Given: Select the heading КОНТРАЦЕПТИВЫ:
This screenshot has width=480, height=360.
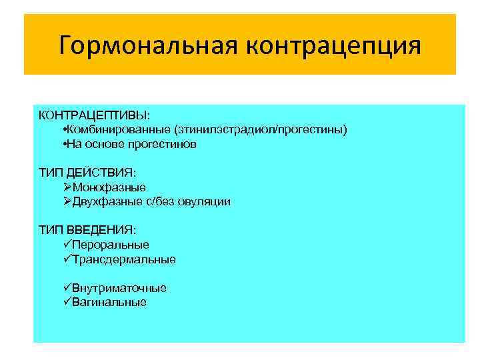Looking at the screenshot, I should [x=94, y=115].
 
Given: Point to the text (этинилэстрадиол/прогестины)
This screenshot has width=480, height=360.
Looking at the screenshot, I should [x=261, y=129].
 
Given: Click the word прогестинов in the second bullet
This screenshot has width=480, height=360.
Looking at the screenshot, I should [x=166, y=144].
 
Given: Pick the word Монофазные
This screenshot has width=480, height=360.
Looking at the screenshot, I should [x=109, y=187].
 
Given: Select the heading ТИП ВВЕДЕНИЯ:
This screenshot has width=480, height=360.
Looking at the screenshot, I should [x=87, y=230].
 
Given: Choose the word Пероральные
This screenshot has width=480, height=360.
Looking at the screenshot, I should [x=110, y=245].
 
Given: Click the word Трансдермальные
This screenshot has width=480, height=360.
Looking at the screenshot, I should [x=123, y=259].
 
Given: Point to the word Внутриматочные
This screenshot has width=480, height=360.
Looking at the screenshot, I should [x=119, y=288].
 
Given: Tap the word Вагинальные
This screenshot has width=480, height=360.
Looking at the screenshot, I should [x=109, y=302].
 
